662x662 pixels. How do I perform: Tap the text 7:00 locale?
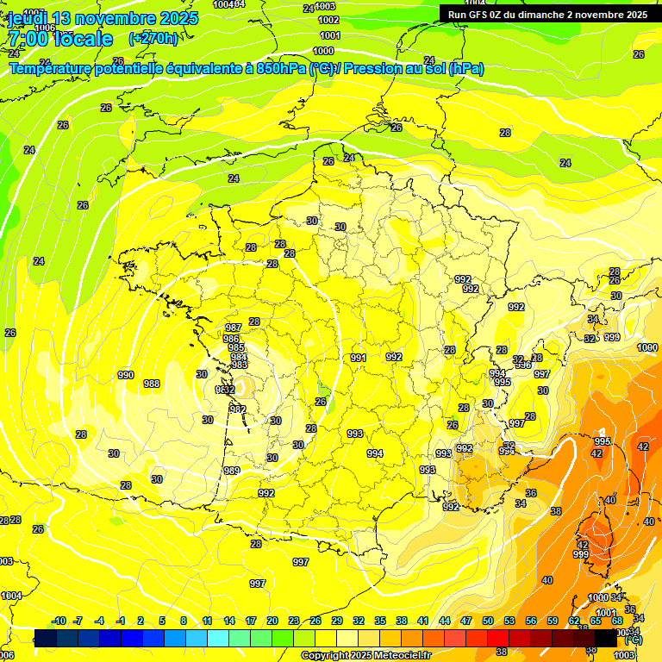tap(59, 39)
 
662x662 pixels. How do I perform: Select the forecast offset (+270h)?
tap(153, 39)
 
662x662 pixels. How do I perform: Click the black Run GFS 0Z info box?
tap(547, 15)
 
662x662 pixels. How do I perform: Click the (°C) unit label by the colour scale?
tap(633, 639)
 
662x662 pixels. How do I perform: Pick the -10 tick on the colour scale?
tap(59, 621)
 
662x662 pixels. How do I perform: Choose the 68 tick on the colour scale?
tap(617, 621)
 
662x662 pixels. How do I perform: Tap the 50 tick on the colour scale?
tap(488, 621)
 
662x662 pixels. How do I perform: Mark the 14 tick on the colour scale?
tap(229, 621)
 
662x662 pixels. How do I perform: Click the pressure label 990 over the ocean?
tap(126, 375)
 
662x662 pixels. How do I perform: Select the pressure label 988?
tap(152, 384)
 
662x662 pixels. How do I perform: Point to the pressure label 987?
tap(233, 328)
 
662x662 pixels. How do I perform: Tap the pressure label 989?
tap(232, 471)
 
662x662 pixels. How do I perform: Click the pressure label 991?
tap(359, 358)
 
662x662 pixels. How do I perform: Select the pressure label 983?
tap(240, 365)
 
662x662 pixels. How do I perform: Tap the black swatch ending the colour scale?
tap(606, 638)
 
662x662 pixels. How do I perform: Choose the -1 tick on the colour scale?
tap(122, 621)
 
